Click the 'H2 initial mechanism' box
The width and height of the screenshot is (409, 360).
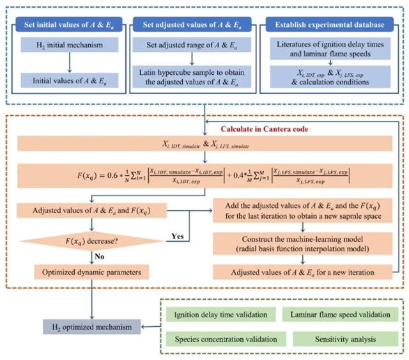click(x=70, y=45)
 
